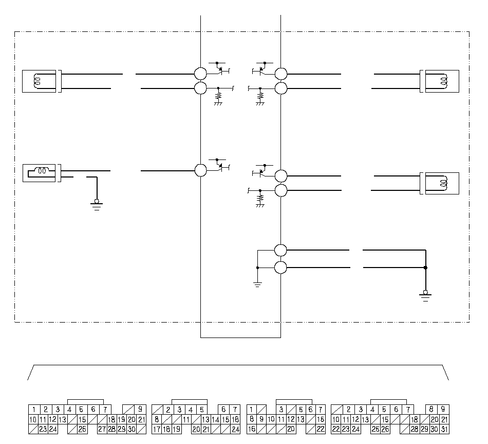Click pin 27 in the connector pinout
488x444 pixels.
click(102, 429)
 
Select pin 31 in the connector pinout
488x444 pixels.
click(444, 429)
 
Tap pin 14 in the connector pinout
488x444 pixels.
click(215, 419)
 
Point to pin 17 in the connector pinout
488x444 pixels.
click(157, 429)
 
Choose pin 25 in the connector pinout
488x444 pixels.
click(376, 429)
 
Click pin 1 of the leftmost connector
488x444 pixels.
click(34, 410)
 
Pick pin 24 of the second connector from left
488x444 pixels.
click(235, 429)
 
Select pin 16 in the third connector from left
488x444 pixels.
click(252, 429)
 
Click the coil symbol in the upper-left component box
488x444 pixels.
click(36, 81)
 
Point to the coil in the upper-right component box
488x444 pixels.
click(443, 81)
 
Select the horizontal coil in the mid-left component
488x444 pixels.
click(42, 171)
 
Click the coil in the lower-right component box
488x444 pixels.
click(443, 183)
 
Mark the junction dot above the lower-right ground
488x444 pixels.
click(426, 268)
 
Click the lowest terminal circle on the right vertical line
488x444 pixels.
click(280, 268)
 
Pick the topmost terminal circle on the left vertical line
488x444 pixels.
click(200, 74)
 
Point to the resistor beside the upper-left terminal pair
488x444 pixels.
click(218, 96)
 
